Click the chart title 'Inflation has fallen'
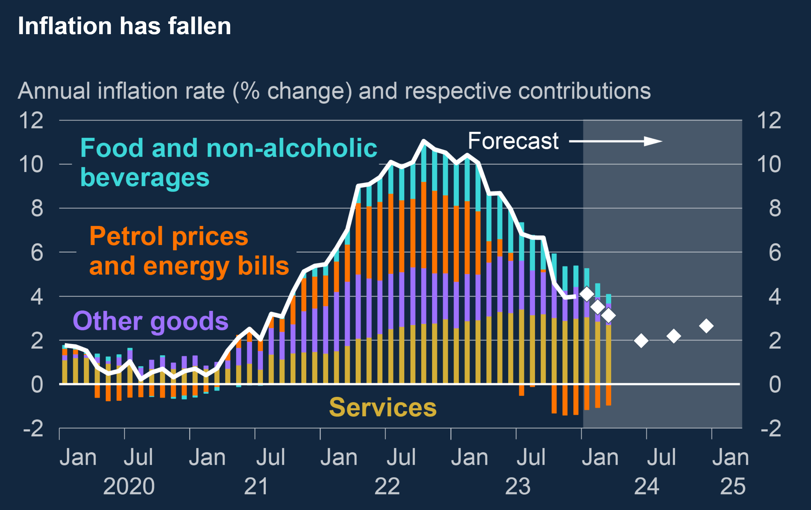click(124, 26)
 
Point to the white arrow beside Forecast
click(616, 141)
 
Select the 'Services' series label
click(382, 407)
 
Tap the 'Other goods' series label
click(151, 321)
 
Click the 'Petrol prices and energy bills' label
click(189, 251)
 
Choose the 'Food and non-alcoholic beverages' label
click(228, 162)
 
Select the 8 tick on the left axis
click(37, 208)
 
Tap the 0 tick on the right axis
click(775, 384)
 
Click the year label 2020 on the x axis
click(129, 486)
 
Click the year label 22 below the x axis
click(387, 486)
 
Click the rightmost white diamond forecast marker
click(706, 326)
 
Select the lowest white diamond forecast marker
click(641, 341)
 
